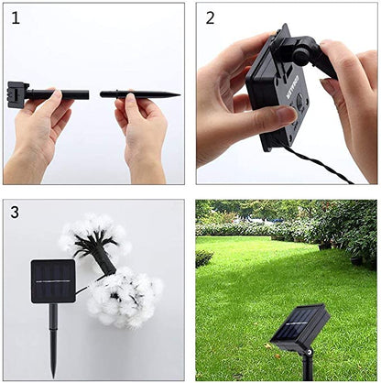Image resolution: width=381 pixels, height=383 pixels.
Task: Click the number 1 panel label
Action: [x=16, y=18]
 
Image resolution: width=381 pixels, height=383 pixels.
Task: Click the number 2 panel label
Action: [x=210, y=18]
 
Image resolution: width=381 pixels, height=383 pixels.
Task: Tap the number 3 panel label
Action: [x=15, y=212]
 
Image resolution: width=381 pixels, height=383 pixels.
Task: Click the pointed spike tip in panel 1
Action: [x=180, y=95]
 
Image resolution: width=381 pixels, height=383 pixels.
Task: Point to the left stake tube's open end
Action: [x=87, y=94]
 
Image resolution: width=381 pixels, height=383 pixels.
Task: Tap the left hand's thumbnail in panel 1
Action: [x=57, y=93]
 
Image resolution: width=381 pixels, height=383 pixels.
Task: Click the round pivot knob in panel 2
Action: [x=301, y=55]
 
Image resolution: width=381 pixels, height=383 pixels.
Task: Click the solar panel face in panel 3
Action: [x=53, y=281]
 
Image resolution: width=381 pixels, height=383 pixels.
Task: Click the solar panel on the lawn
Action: [x=299, y=327]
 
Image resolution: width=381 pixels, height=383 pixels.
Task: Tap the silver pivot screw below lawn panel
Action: [x=310, y=353]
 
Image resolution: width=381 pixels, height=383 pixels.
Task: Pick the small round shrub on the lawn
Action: [x=204, y=258]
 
